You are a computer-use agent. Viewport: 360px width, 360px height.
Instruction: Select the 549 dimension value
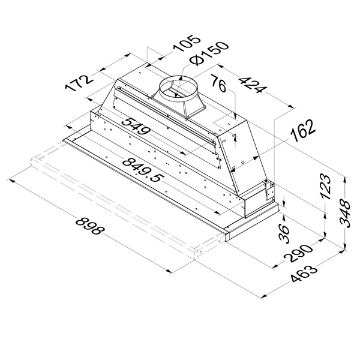[x=136, y=127]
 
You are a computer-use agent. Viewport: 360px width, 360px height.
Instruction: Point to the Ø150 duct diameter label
[x=208, y=53]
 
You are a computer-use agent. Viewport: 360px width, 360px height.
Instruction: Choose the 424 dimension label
[x=253, y=85]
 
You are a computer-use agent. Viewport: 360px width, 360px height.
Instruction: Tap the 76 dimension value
[x=218, y=83]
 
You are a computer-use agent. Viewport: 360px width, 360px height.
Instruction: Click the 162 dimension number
[x=302, y=131]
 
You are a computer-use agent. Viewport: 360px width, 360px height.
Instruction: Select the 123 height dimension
[x=326, y=186]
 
